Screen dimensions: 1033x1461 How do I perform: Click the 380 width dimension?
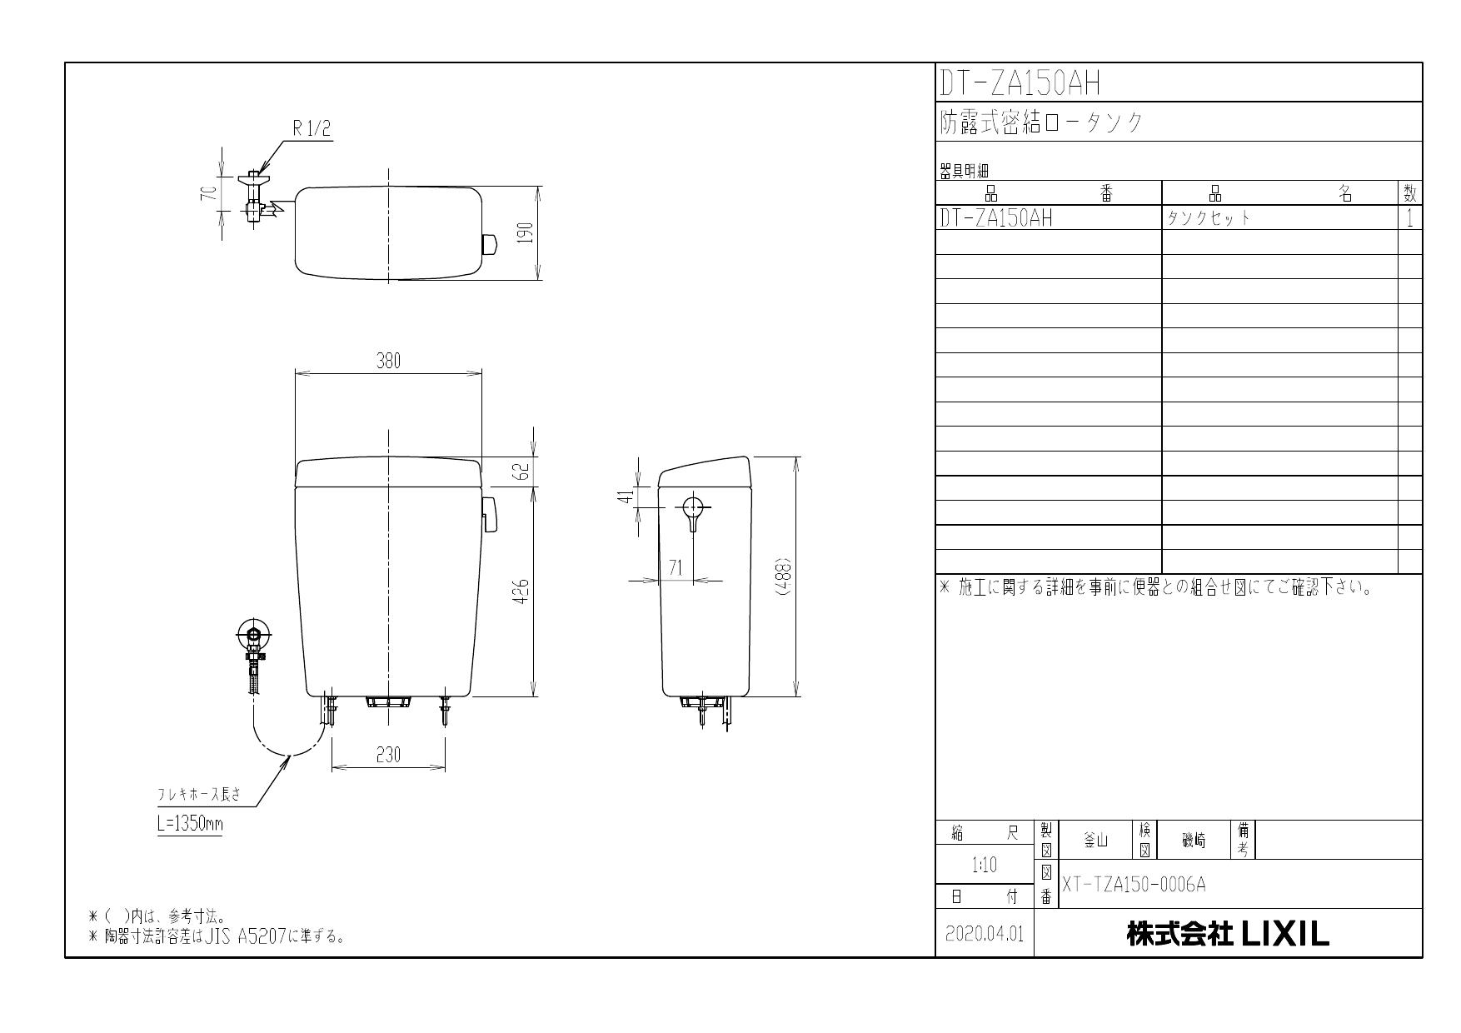388,361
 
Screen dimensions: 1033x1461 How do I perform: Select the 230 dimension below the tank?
388,755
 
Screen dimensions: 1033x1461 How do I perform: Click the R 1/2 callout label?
312,129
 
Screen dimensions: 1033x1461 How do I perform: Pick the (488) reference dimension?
784,576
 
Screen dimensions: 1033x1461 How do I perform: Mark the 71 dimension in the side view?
676,567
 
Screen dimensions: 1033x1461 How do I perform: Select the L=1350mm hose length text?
190,825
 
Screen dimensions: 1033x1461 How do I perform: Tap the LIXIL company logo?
1284,935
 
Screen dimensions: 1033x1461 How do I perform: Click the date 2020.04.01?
985,935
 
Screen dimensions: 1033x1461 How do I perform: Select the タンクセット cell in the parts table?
1209,218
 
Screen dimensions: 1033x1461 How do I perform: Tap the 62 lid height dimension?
523,472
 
